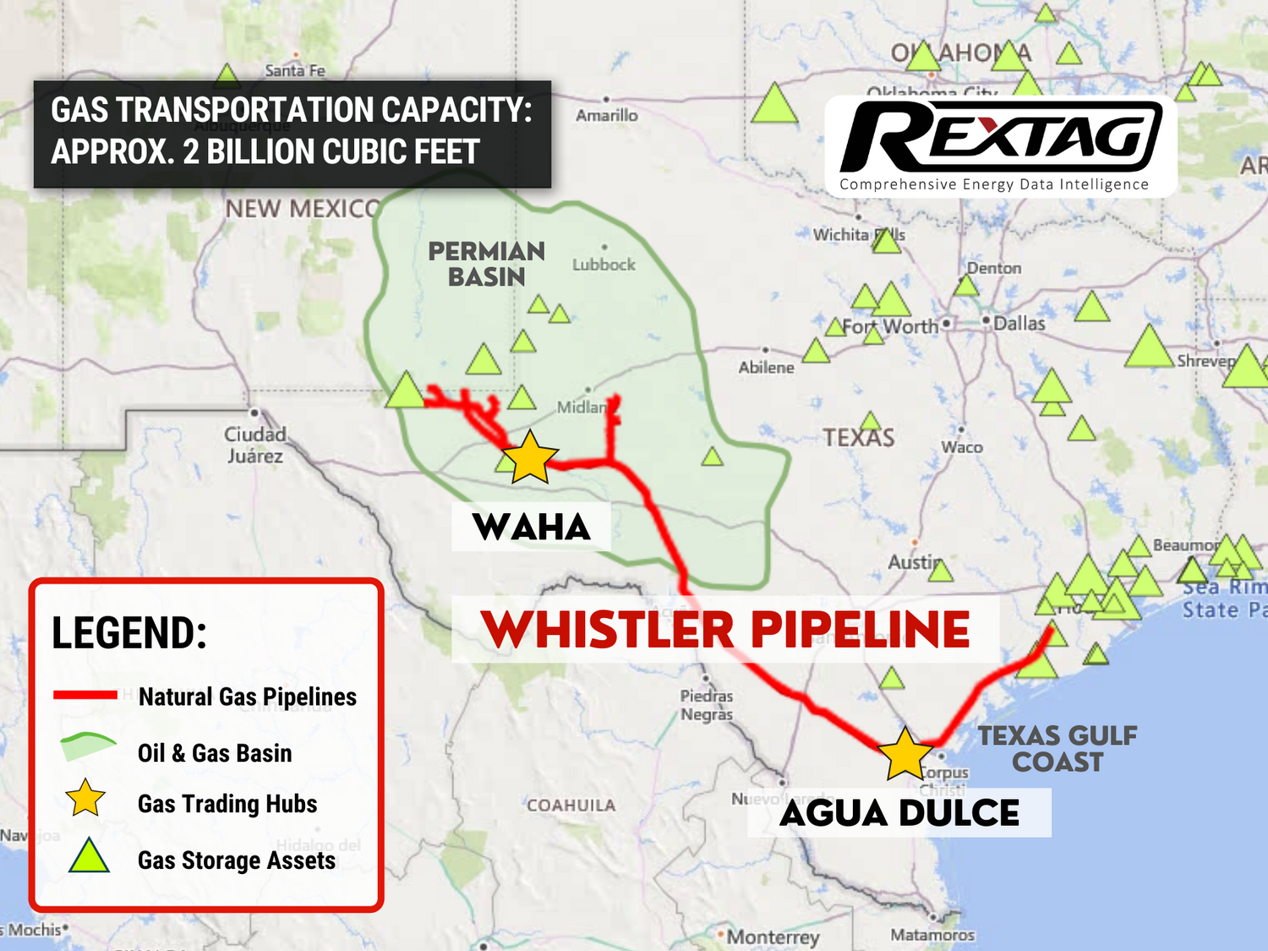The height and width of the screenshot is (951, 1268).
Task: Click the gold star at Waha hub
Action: pos(529,458)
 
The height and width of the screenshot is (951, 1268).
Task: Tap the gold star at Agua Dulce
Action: pos(905,754)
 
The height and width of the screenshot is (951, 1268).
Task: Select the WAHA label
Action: pos(531,527)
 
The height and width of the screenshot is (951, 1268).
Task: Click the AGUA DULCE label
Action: pos(899,813)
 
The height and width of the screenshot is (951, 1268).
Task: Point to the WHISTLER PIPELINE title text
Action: pos(725,630)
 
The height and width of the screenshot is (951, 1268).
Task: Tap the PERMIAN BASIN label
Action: pos(486,264)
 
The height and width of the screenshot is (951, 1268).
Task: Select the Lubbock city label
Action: pos(604,265)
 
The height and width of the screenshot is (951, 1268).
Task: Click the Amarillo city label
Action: pos(607,116)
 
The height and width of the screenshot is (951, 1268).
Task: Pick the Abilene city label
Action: pos(766,368)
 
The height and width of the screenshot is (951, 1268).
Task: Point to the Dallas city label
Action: pos(1019,324)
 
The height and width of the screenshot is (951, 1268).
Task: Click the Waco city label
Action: pos(962,447)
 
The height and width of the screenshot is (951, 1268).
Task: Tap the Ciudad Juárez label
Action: pos(254,445)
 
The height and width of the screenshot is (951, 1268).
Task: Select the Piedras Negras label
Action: pos(707,705)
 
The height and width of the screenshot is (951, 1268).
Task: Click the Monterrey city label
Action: pos(773,937)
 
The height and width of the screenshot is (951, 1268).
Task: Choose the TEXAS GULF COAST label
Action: pos(1058,749)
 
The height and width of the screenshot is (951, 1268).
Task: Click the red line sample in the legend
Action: pos(85,696)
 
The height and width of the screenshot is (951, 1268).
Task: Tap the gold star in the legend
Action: pos(86,799)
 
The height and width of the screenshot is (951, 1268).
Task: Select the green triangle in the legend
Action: pos(89,856)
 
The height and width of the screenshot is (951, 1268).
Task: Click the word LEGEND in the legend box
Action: pos(129,632)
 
